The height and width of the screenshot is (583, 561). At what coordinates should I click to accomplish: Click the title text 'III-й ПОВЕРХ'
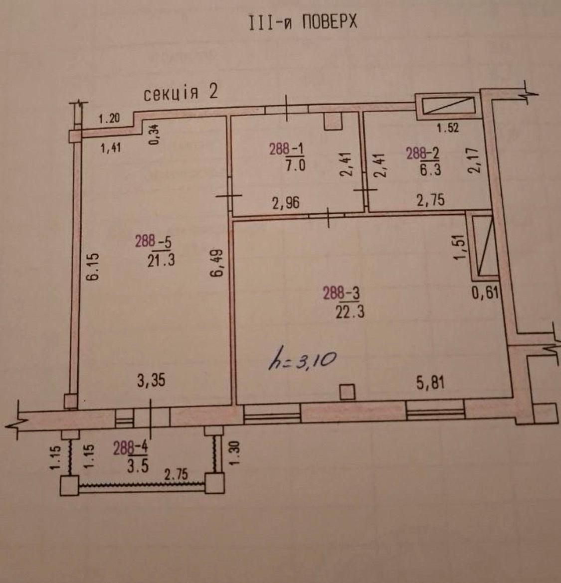pyautogui.click(x=303, y=22)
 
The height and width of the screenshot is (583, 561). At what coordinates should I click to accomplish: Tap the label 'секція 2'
pyautogui.click(x=181, y=93)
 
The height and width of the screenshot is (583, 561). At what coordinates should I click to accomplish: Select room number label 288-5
pyautogui.click(x=153, y=242)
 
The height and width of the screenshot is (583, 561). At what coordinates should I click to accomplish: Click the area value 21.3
pyautogui.click(x=161, y=260)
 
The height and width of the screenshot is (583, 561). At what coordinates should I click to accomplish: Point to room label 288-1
pyautogui.click(x=286, y=149)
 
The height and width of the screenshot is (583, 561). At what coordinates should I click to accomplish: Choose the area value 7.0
pyautogui.click(x=295, y=165)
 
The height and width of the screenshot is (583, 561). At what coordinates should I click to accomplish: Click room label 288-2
pyautogui.click(x=422, y=153)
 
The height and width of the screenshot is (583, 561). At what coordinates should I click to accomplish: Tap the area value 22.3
pyautogui.click(x=350, y=311)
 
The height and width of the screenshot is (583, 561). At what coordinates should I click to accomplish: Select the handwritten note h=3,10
pyautogui.click(x=303, y=361)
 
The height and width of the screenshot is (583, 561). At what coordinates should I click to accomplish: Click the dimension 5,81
pyautogui.click(x=430, y=382)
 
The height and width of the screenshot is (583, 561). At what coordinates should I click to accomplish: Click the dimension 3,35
pyautogui.click(x=151, y=381)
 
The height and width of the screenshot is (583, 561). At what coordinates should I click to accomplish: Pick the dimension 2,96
pyautogui.click(x=286, y=203)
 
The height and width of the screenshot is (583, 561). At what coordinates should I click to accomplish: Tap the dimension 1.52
pyautogui.click(x=448, y=128)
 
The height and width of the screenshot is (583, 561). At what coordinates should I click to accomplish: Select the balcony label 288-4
pyautogui.click(x=130, y=448)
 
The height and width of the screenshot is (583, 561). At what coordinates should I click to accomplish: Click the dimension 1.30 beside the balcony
pyautogui.click(x=234, y=453)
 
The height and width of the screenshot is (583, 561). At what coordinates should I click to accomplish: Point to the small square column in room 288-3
pyautogui.click(x=348, y=392)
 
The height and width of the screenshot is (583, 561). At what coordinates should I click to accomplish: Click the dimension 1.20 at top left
pyautogui.click(x=109, y=119)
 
